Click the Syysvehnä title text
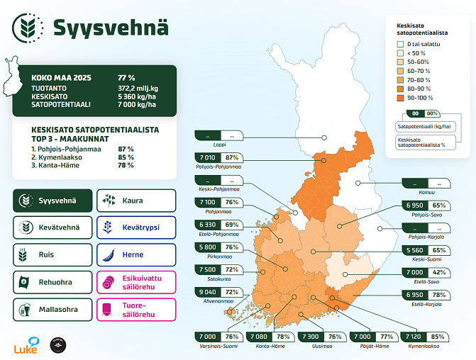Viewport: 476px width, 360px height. point(111,28)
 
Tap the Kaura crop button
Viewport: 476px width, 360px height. point(135,201)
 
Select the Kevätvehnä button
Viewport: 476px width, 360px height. point(54,227)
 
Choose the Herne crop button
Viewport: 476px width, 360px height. point(135,254)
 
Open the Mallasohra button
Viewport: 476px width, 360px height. point(54,309)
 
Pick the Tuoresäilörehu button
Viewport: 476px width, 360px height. point(135,309)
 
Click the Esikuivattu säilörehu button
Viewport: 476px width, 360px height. point(135,281)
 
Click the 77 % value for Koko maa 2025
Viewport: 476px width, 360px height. point(126,77)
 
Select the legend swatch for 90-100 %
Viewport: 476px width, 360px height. point(401,98)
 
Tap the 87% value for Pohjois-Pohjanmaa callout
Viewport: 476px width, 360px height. point(231,158)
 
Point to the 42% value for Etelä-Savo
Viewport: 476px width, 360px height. point(439,273)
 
